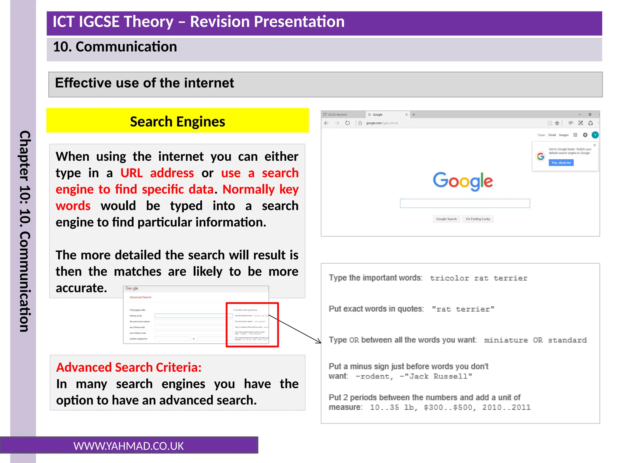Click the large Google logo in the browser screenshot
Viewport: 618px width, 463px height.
463,181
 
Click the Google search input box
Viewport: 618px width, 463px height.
465,203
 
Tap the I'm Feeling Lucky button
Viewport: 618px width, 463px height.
478,219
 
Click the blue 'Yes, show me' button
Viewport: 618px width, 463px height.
561,163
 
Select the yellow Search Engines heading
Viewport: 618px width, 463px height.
177,121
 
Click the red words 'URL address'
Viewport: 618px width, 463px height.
157,173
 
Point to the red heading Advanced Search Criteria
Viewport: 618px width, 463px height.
129,367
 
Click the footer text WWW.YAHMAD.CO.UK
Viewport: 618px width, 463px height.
129,446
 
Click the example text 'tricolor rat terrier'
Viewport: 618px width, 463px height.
479,278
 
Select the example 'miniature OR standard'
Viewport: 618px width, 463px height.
535,340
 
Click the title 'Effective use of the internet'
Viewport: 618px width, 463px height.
144,83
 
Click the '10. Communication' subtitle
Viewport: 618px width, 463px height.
115,47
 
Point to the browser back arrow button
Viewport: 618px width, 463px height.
326,123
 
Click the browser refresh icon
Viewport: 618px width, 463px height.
347,123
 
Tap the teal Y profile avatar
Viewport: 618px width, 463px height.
595,135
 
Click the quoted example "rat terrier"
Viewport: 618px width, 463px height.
463,309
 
